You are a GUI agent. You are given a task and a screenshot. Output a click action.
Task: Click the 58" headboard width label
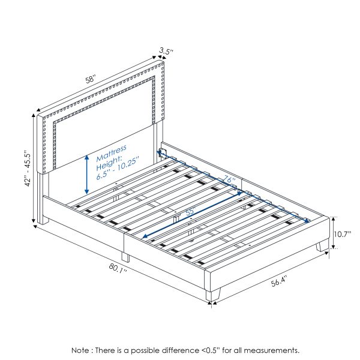tap(90, 79)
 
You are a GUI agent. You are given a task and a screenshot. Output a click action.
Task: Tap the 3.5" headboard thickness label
tap(166, 52)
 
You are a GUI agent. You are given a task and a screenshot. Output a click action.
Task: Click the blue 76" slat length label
tap(229, 180)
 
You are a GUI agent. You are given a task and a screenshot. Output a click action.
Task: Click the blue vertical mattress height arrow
tap(88, 173)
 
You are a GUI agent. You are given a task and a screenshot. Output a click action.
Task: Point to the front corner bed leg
tap(214, 294)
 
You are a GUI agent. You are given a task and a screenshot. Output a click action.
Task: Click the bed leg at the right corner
tap(323, 245)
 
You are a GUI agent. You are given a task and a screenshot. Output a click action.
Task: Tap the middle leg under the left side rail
tap(125, 256)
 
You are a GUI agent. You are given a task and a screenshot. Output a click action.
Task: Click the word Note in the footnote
tap(82, 350)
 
